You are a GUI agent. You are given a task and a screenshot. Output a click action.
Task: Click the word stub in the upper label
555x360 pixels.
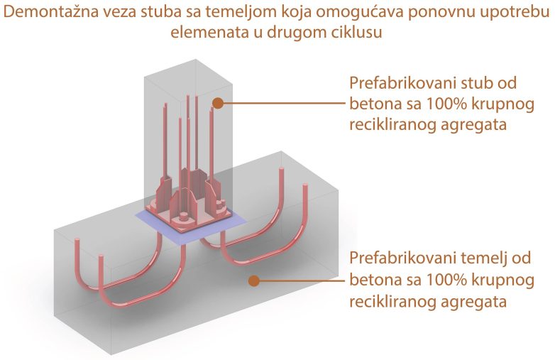476,83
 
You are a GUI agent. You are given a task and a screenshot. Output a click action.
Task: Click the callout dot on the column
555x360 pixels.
218,104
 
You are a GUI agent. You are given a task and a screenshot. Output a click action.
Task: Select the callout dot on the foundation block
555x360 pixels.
253,280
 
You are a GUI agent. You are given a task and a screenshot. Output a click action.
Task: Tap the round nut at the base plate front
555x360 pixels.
184,217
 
